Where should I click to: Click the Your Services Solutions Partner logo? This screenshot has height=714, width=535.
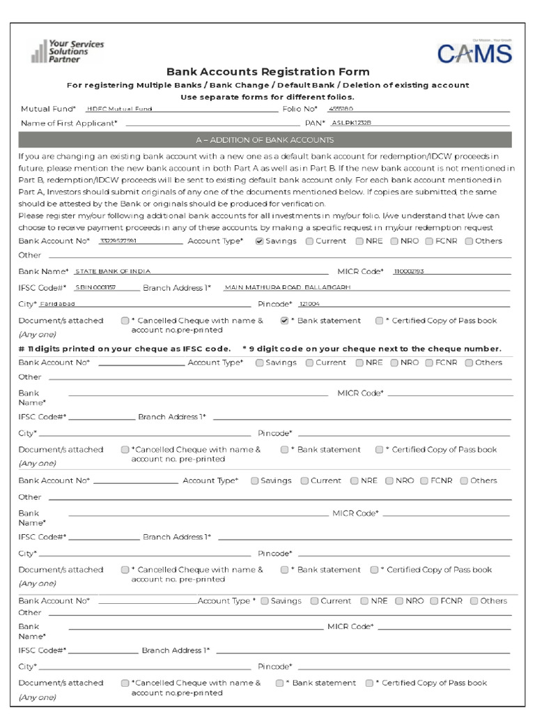tap(68, 52)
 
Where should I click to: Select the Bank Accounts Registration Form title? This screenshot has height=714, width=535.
tap(267, 72)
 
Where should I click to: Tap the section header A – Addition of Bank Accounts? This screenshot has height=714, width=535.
tap(264, 140)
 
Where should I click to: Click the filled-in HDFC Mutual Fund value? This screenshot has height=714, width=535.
tap(119, 109)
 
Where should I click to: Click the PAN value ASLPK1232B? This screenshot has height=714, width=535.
tap(351, 123)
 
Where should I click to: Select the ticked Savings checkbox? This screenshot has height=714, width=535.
tap(260, 241)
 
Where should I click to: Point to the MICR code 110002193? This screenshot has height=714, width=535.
tap(409, 271)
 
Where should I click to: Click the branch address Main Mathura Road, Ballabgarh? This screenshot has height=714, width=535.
tap(287, 287)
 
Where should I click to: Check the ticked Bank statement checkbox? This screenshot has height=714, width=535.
tap(284, 321)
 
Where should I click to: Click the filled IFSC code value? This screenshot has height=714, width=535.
tap(95, 287)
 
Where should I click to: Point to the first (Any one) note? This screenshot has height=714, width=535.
tap(37, 334)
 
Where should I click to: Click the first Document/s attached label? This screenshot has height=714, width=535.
tap(61, 321)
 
